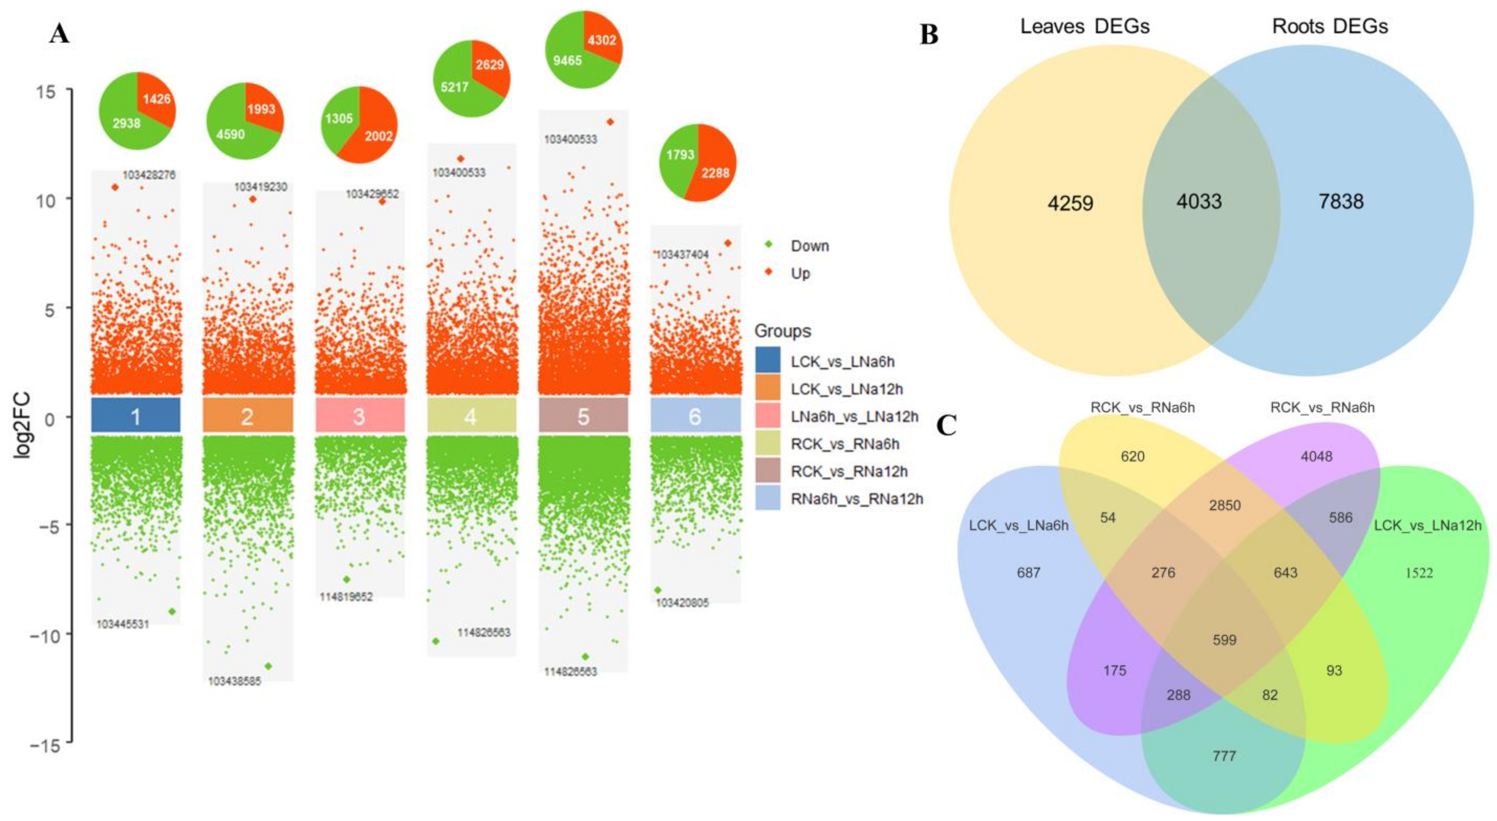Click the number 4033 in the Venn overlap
click(x=1199, y=202)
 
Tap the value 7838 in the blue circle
click(x=1341, y=202)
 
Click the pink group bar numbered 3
click(x=359, y=416)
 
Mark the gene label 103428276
click(x=149, y=174)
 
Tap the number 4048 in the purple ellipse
click(x=1316, y=456)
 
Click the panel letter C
click(x=946, y=426)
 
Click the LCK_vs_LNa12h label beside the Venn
click(x=1427, y=526)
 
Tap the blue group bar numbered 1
click(x=135, y=416)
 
